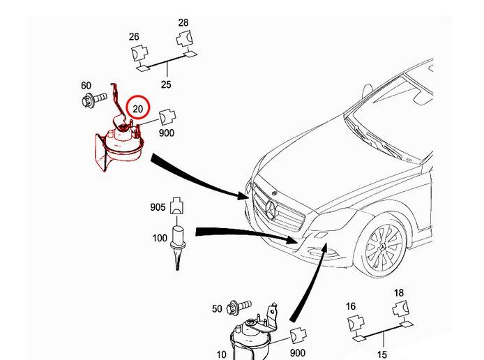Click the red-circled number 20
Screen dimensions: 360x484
(x=138, y=108)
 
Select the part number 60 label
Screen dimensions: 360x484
(x=86, y=86)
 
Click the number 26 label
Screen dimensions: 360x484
(x=135, y=36)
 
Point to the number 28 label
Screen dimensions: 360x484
(x=183, y=23)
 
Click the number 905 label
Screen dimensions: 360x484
(x=158, y=207)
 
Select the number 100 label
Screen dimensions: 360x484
(x=160, y=239)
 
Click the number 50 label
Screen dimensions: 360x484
(x=216, y=308)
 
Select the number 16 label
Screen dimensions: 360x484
(x=351, y=306)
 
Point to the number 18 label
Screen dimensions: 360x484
(x=399, y=292)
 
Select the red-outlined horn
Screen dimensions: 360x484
(x=116, y=149)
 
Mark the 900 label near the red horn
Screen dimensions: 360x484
(x=167, y=133)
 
